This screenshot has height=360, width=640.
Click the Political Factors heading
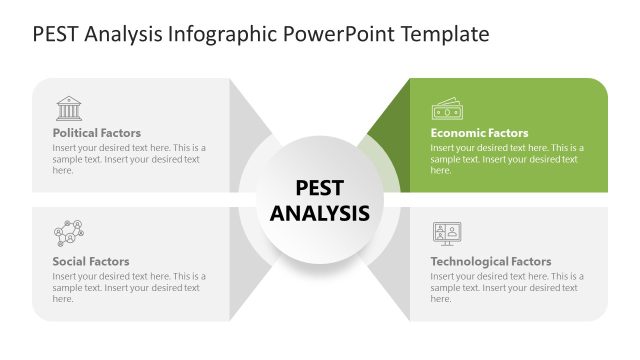pos(97,132)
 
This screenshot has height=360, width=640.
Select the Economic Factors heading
pos(479,132)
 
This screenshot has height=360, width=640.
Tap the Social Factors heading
pos(91,261)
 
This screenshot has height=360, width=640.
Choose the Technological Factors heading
pos(490,261)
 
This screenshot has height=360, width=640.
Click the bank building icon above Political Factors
pos(69,107)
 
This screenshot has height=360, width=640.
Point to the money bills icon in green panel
pos(446,107)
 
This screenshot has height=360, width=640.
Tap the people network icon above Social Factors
pos(68,233)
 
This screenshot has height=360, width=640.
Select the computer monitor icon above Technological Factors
pos(446,234)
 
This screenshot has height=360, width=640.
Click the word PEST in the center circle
pos(320,187)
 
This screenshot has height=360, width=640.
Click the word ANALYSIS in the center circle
pos(320,213)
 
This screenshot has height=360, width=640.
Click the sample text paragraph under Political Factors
pos(129,159)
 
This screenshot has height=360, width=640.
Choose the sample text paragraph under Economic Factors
pos(507,159)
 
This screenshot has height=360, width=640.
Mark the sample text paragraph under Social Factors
pos(129,287)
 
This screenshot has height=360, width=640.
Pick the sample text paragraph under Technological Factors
pos(507,287)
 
